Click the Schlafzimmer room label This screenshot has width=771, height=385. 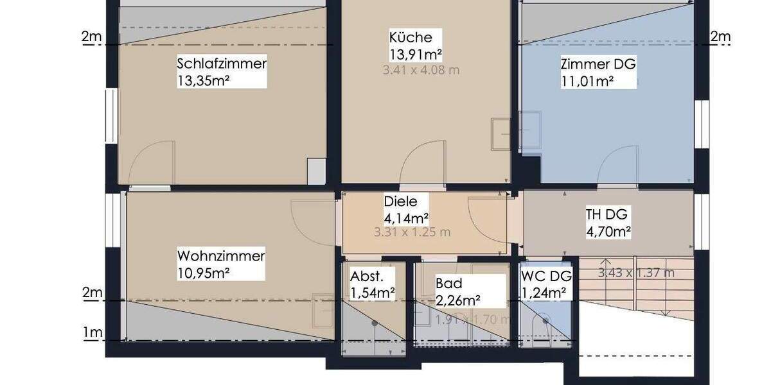point(222,64)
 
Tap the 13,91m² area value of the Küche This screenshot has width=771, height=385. point(416,53)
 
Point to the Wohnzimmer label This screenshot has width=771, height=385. point(221,257)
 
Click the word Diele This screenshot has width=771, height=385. point(400,201)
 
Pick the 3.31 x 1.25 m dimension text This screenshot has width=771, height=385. point(412,232)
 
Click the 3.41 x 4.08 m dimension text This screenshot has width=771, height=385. point(421,70)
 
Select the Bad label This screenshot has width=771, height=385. point(449,283)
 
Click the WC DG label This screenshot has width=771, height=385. point(545,277)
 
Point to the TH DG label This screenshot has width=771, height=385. point(607,214)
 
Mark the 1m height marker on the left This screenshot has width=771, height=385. point(93,332)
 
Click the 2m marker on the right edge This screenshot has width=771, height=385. point(720,37)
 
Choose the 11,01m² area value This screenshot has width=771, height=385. point(587,81)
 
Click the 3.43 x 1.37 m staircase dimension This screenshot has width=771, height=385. point(636,273)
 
